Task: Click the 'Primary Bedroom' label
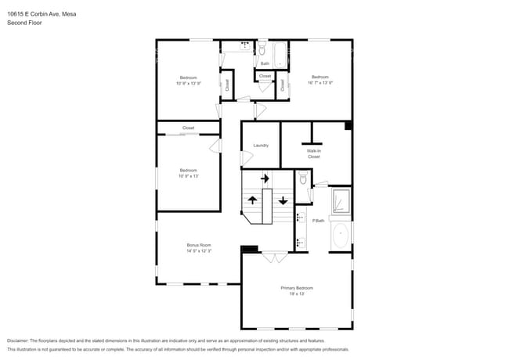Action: pyautogui.click(x=297, y=288)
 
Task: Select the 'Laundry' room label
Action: pyautogui.click(x=261, y=145)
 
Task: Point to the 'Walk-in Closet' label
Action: pyautogui.click(x=313, y=153)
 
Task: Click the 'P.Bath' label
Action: pyautogui.click(x=319, y=221)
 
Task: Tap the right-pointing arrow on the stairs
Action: pyautogui.click(x=265, y=178)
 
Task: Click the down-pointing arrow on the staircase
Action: pyautogui.click(x=283, y=200)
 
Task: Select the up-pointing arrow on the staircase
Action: pyautogui.click(x=252, y=200)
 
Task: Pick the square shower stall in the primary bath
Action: pyautogui.click(x=341, y=201)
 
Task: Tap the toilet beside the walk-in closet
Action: pyautogui.click(x=303, y=179)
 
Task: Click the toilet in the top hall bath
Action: pyautogui.click(x=262, y=49)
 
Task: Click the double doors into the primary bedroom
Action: pyautogui.click(x=273, y=257)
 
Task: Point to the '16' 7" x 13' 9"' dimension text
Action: pyautogui.click(x=320, y=82)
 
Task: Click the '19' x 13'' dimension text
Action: pyautogui.click(x=297, y=294)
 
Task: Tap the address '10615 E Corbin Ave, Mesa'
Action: pyautogui.click(x=36, y=14)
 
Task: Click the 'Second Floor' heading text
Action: pyautogui.click(x=24, y=23)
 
